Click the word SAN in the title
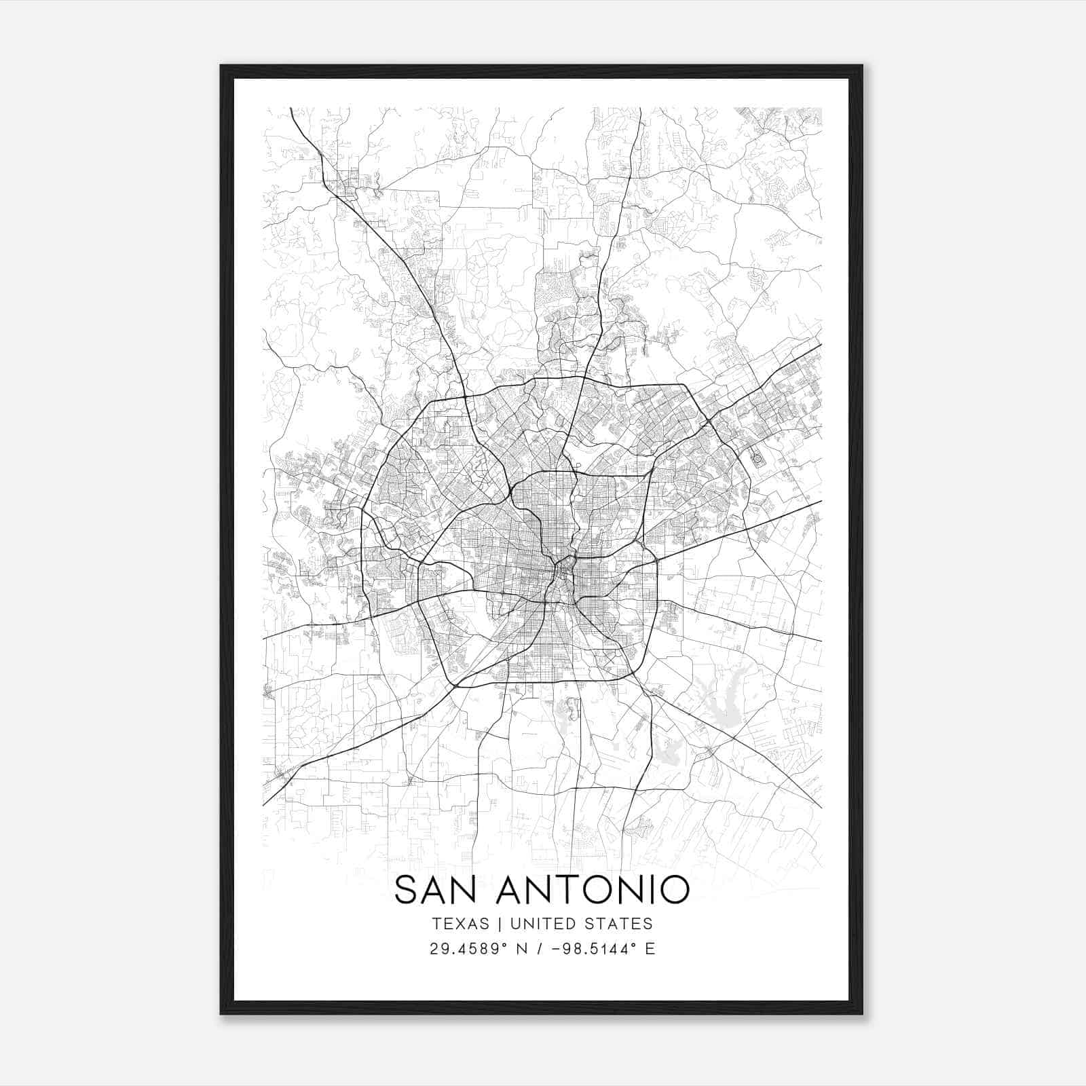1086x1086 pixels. (438, 890)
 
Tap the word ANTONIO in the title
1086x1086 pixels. (593, 890)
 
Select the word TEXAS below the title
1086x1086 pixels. (460, 924)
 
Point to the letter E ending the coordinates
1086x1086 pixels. (650, 949)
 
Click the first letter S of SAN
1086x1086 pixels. (406, 890)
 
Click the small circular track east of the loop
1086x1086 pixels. (757, 459)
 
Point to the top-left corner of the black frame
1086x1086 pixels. (221, 66)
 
